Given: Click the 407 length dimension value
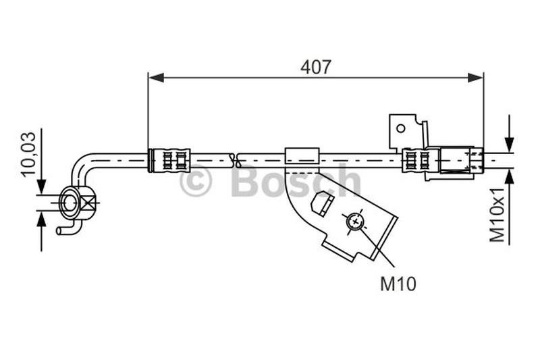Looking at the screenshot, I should pyautogui.click(x=315, y=67).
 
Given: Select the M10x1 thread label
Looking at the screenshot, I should pyautogui.click(x=497, y=214).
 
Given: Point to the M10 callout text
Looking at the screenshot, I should pyautogui.click(x=398, y=284).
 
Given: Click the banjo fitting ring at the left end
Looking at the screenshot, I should pyautogui.click(x=69, y=201).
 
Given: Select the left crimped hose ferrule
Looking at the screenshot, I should pyautogui.click(x=169, y=160).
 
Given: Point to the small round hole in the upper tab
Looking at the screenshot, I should pyautogui.click(x=400, y=127).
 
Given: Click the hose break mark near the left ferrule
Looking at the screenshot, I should pyautogui.click(x=235, y=160).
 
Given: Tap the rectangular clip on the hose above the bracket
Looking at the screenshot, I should pyautogui.click(x=301, y=156).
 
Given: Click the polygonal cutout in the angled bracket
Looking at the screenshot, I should pyautogui.click(x=322, y=203).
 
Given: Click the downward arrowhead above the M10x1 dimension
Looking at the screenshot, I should pyautogui.click(x=509, y=144).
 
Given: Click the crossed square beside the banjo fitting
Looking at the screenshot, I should pyautogui.click(x=88, y=201).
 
